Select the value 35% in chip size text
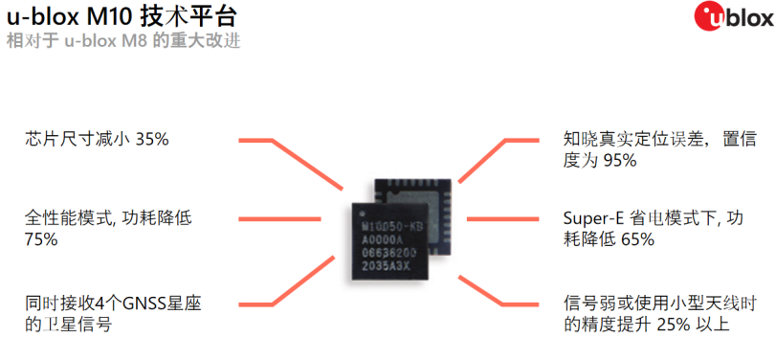(x=152, y=139)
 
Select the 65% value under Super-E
(x=637, y=239)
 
